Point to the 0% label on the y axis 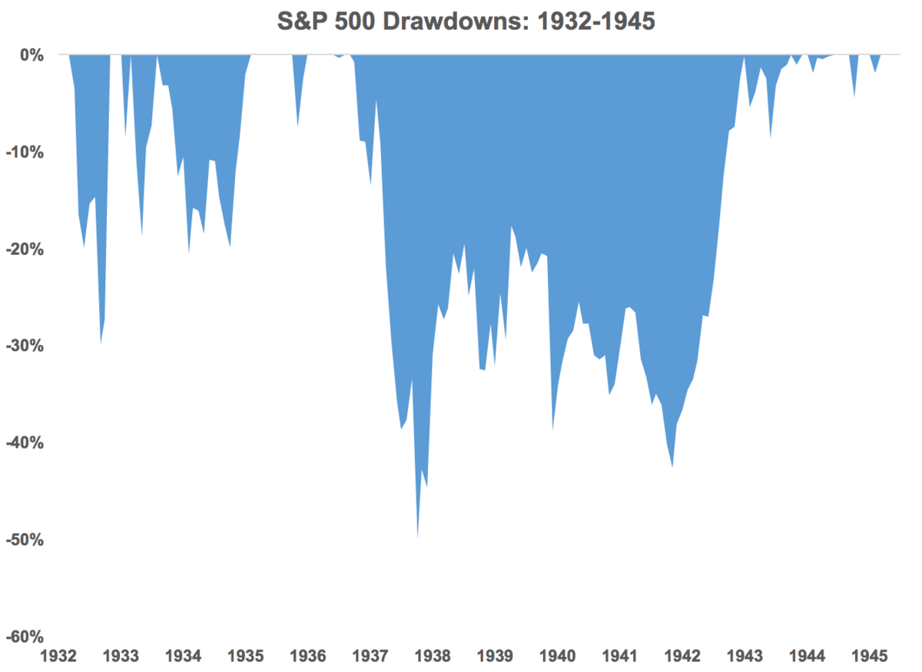[x=32, y=55]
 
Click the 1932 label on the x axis [x=58, y=657]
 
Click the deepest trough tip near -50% [x=417, y=538]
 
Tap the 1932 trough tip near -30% [x=101, y=342]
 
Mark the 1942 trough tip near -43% [x=672, y=466]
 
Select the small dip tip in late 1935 [x=297, y=127]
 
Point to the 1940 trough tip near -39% [x=552, y=429]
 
